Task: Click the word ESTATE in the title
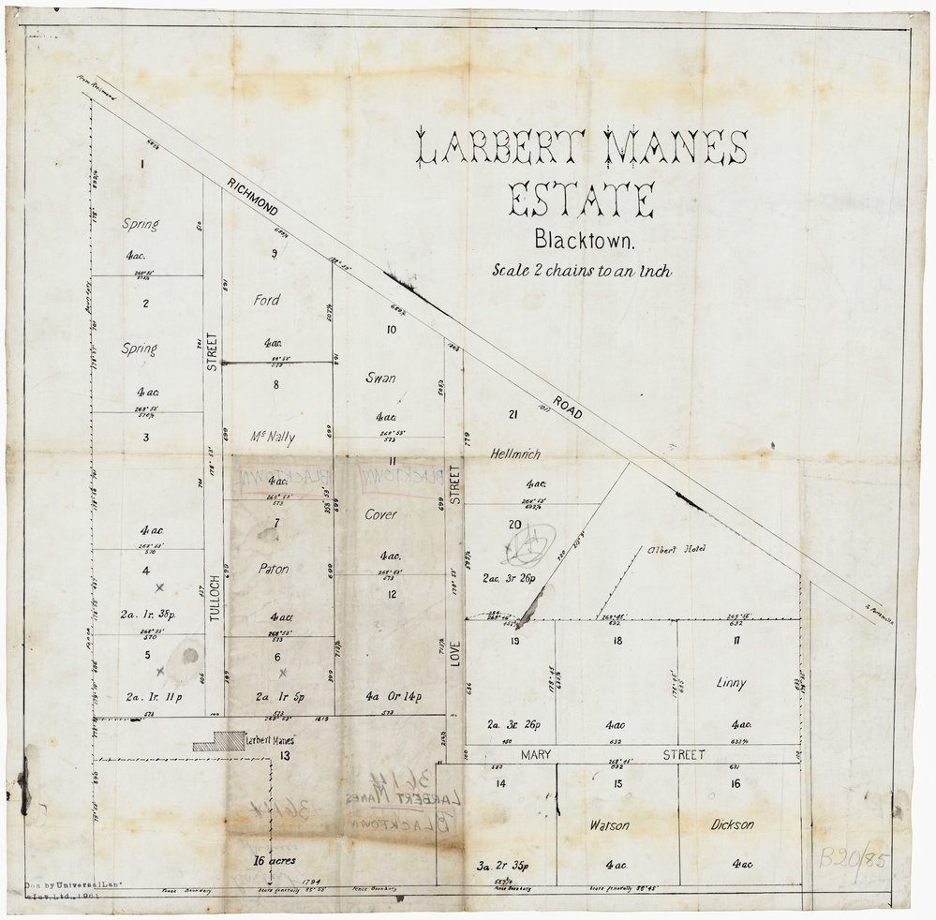tap(580, 200)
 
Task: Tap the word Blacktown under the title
tap(585, 240)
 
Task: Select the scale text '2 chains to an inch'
tap(583, 272)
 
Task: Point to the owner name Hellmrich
tap(516, 453)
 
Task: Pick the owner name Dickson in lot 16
tap(733, 825)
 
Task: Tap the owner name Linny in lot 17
tap(731, 684)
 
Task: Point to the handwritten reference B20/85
tap(854, 857)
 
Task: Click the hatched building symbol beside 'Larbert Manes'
tap(216, 741)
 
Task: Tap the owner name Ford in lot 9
tap(266, 301)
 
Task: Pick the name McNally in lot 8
tap(267, 437)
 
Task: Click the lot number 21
tap(513, 415)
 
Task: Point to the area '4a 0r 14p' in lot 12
tap(393, 696)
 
